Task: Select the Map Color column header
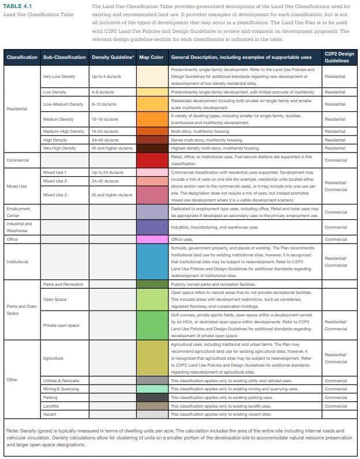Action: pos(151,57)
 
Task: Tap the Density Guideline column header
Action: pos(112,57)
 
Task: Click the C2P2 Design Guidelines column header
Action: pos(339,57)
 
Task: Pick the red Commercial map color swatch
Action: pos(152,160)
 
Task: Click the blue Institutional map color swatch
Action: pos(152,262)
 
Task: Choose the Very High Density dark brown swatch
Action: pos(152,148)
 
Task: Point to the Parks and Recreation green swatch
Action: pos(152,284)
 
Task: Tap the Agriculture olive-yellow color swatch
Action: pos(152,359)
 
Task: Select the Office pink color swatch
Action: pos(152,239)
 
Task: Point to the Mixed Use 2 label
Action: pos(55,181)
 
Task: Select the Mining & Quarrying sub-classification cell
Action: pos(61,389)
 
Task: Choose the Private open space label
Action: pos(61,325)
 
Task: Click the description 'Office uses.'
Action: pos(182,239)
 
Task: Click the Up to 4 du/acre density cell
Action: pos(104,76)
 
